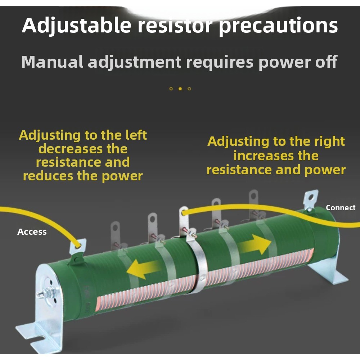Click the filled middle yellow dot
[180, 89]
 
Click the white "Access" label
[32, 232]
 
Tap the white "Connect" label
[341, 208]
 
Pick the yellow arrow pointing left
[144, 269]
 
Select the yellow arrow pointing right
[255, 244]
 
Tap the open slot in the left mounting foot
[41, 342]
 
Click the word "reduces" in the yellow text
[48, 176]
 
